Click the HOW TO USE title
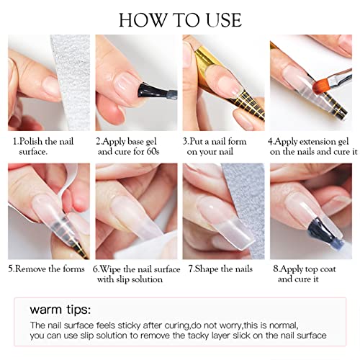pyautogui.click(x=180, y=18)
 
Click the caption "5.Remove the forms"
pyautogui.click(x=47, y=269)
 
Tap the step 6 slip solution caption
pyautogui.click(x=136, y=274)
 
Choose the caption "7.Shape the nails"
pyautogui.click(x=220, y=269)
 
